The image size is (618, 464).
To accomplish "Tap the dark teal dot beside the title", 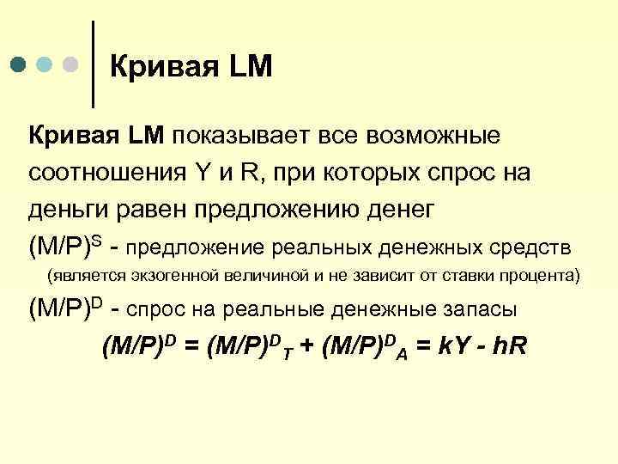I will click(x=20, y=65).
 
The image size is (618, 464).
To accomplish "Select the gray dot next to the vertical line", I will click(x=72, y=65).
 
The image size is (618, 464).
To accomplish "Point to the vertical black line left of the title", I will click(x=93, y=64).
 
